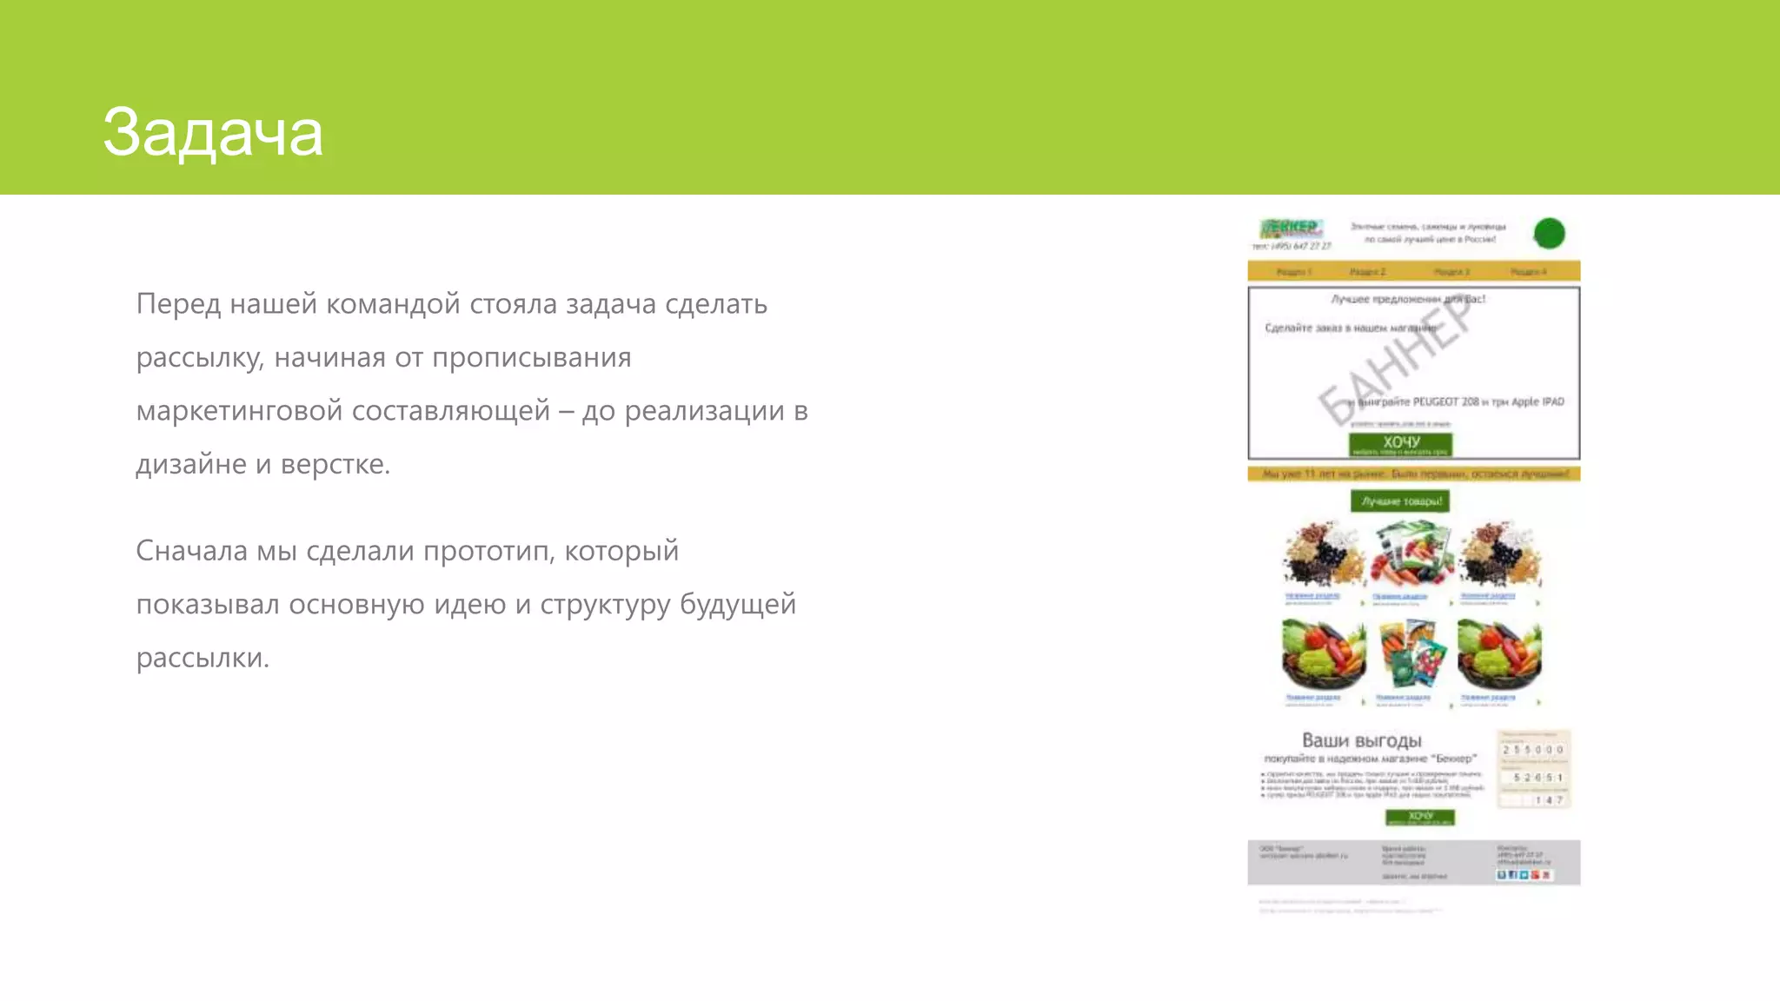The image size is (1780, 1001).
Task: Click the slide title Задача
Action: [213, 133]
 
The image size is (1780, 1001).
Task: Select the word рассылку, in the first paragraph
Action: [199, 358]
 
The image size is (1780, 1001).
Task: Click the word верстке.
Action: [335, 465]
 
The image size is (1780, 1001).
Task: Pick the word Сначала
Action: [191, 551]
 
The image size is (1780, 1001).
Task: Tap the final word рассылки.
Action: [203, 658]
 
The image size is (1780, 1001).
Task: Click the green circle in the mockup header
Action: [1549, 233]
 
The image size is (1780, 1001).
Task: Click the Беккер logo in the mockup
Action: [1292, 229]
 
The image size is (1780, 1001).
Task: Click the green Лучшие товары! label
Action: [1400, 501]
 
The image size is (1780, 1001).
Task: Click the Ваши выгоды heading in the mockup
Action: [1361, 740]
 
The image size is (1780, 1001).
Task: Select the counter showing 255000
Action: [1533, 749]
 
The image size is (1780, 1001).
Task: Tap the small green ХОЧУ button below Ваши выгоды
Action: [1419, 817]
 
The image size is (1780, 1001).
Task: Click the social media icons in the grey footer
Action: [1523, 874]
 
